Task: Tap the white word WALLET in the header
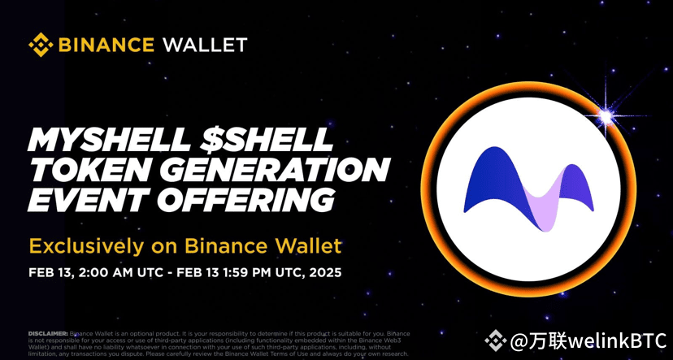click(205, 44)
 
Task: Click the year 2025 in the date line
click(323, 271)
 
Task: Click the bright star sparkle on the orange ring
click(606, 117)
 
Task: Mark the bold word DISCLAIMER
click(48, 334)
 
